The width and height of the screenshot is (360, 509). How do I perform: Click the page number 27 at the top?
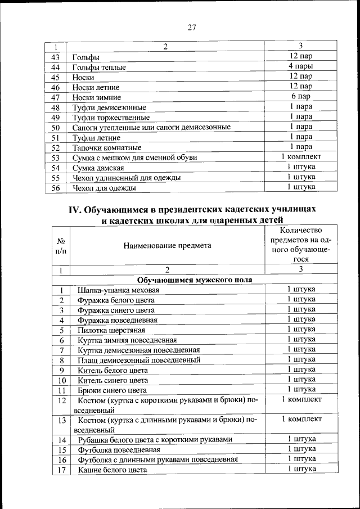pyautogui.click(x=191, y=28)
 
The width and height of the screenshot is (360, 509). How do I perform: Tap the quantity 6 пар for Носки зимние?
pyautogui.click(x=301, y=97)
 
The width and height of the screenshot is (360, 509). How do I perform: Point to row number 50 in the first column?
pyautogui.click(x=55, y=128)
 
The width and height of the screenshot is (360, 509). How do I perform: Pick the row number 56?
pyautogui.click(x=55, y=188)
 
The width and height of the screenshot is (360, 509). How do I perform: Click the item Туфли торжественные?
pyautogui.click(x=111, y=118)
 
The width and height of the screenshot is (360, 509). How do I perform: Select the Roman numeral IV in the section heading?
pyautogui.click(x=75, y=209)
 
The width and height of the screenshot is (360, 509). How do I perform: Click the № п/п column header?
pyautogui.click(x=60, y=245)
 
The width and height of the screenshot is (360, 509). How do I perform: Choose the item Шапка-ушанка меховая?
pyautogui.click(x=119, y=290)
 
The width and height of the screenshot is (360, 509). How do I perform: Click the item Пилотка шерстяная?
pyautogui.click(x=111, y=330)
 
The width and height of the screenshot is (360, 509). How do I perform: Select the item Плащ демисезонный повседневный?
pyautogui.click(x=139, y=360)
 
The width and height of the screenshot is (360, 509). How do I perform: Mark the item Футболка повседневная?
pyautogui.click(x=119, y=450)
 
